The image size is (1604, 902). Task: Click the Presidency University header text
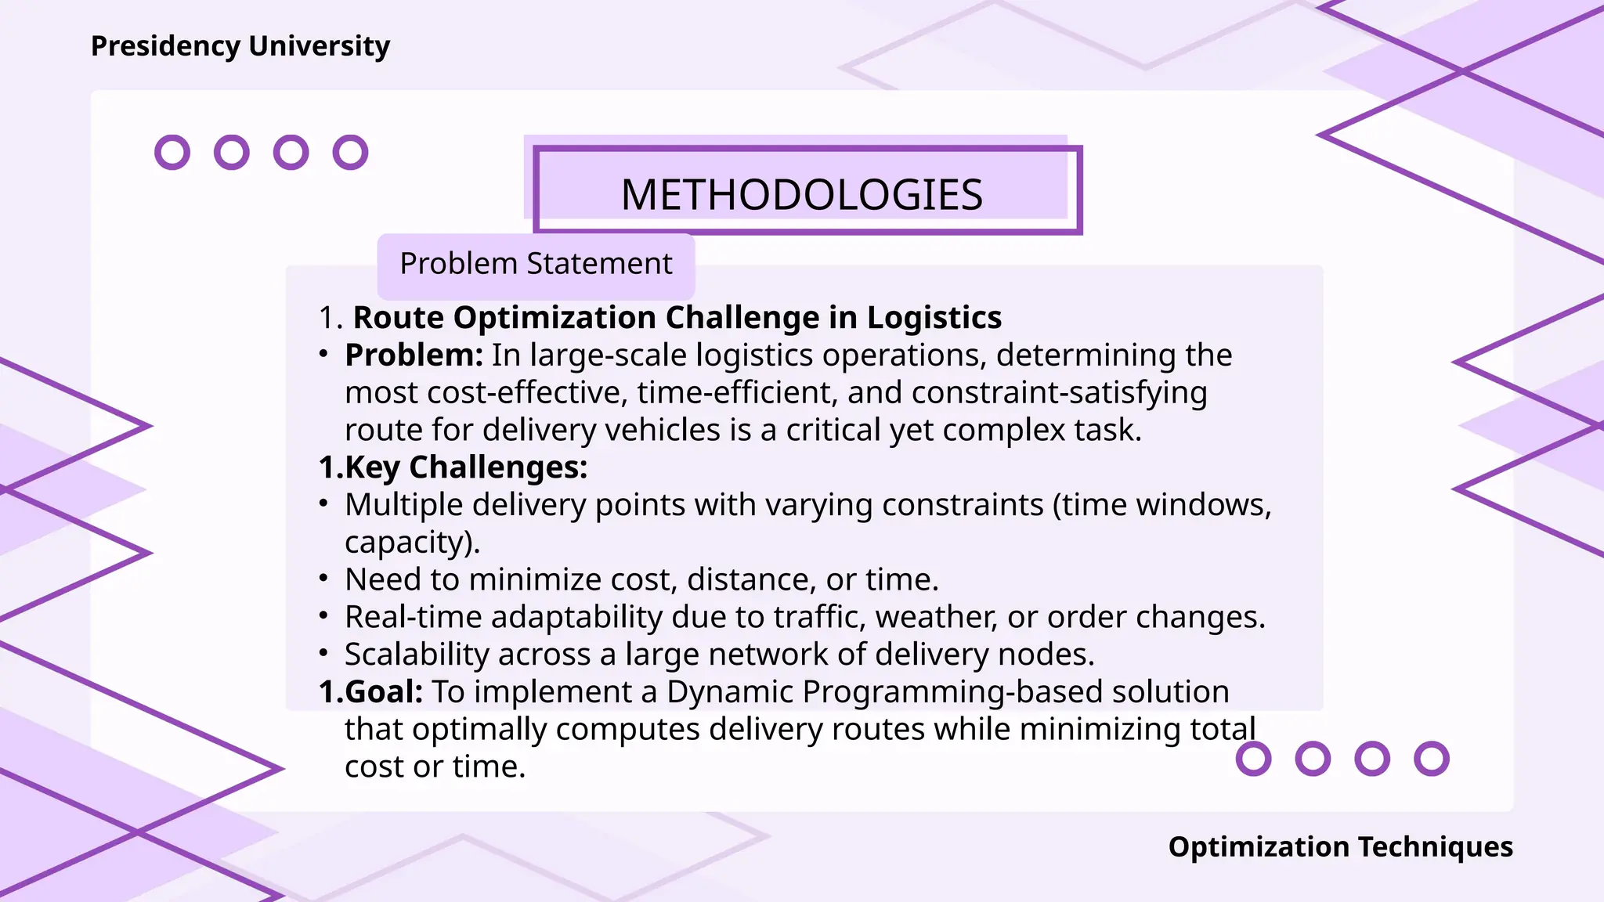pos(240,46)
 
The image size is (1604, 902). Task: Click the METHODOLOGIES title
pos(801,194)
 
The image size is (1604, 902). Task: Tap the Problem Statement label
pos(536,264)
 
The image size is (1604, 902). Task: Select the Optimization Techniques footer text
pos(1340,846)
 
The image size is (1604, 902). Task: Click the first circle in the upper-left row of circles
pos(172,152)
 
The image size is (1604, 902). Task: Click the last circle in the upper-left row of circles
pos(350,152)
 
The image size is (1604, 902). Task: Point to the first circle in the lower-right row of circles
pos(1253,759)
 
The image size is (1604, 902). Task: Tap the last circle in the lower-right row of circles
pos(1431,759)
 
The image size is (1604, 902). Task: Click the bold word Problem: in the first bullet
pos(414,355)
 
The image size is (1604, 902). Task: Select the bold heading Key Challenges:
pos(453,467)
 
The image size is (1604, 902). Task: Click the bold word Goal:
pos(383,692)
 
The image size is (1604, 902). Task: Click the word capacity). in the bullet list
pos(412,543)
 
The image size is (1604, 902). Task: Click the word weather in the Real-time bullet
pos(936,617)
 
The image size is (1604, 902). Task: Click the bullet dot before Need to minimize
pos(323,579)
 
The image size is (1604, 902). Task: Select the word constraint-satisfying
pos(1059,393)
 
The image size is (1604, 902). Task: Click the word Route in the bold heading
pos(399,318)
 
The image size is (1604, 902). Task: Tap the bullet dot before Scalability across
pos(323,654)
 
